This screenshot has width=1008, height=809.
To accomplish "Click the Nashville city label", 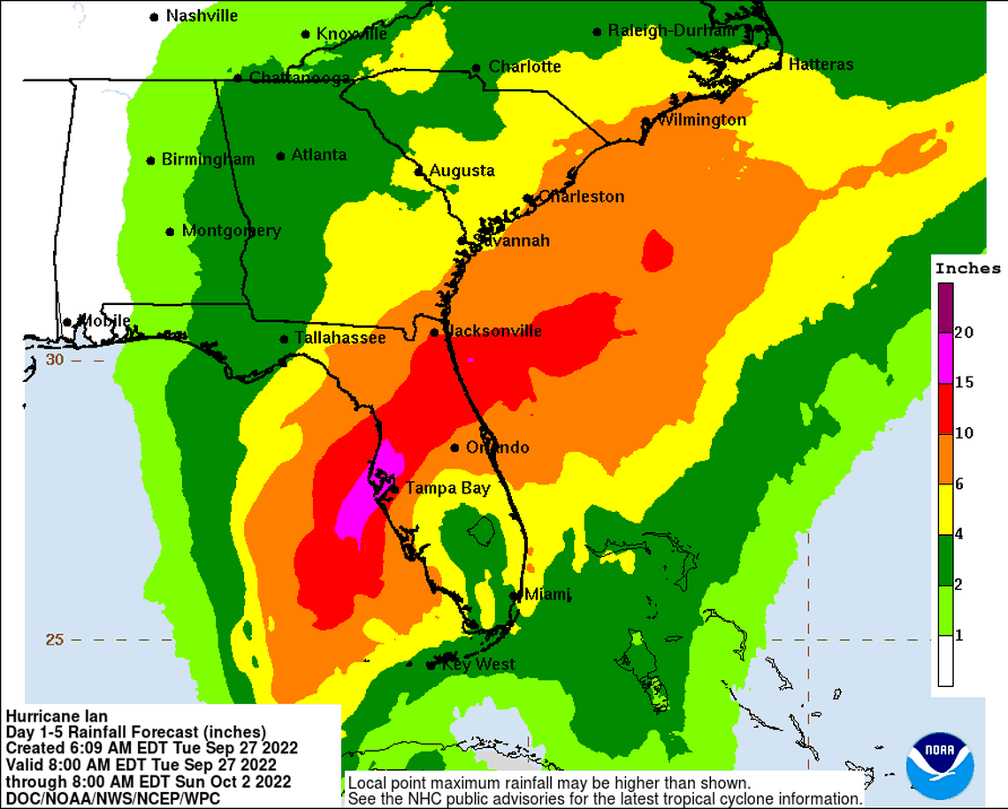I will pos(202,16).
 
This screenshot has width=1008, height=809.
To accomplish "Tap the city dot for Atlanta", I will pos(281,156).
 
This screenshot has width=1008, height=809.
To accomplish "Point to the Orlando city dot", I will pos(454,447).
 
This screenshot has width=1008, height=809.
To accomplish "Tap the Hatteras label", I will pos(821,65).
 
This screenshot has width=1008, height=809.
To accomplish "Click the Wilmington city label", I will pos(701,119).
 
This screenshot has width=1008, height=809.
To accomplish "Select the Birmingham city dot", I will pos(151,161).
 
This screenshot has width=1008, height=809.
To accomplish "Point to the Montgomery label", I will pos(231,231).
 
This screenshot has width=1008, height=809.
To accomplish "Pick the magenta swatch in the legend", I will pos(946,358).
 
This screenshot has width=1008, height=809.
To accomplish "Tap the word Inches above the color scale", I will pos(967,269).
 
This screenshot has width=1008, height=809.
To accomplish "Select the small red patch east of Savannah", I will pos(657,250).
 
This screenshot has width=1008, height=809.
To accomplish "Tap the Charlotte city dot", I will pos(476,68).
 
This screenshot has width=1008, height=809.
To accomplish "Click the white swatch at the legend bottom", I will pos(946,661).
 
